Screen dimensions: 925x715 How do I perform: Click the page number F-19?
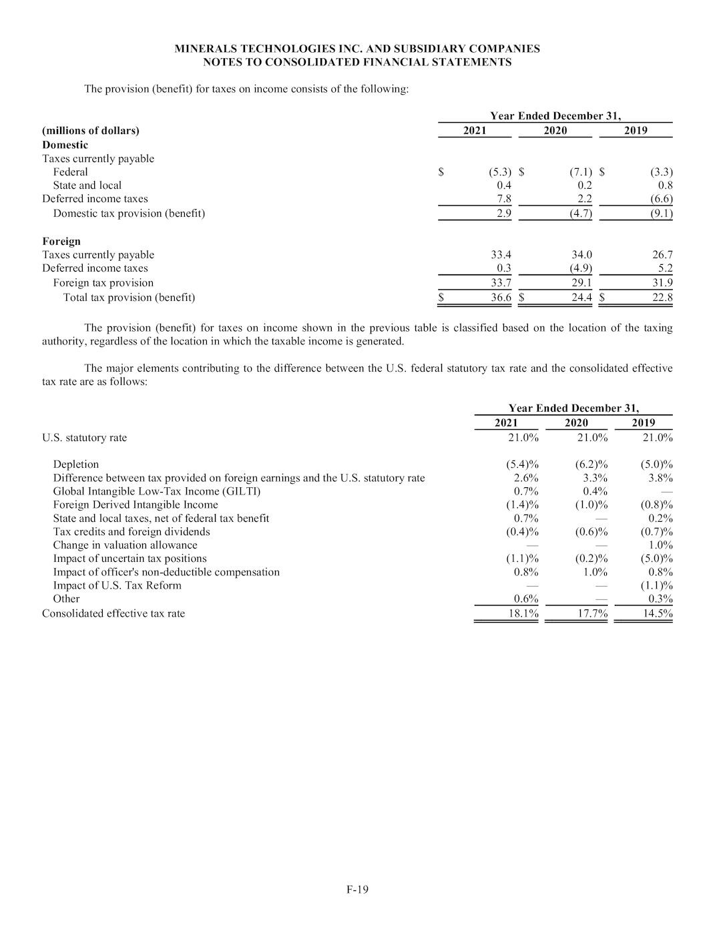click(357, 889)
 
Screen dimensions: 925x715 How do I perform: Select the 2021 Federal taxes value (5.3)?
click(499, 172)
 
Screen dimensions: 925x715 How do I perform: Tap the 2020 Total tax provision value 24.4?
click(581, 298)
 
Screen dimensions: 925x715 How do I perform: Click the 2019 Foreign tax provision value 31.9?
click(662, 283)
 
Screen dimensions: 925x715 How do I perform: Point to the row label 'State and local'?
click(87, 186)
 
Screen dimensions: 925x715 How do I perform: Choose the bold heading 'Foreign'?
click(61, 242)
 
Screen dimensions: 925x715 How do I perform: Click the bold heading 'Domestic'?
click(65, 145)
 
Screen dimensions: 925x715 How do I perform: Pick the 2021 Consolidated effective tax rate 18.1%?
click(523, 613)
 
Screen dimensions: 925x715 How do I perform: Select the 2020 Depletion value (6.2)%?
click(591, 465)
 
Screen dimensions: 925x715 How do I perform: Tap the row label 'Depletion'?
click(75, 465)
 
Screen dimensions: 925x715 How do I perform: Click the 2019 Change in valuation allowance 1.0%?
click(660, 545)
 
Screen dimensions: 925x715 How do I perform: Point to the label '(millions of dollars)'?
click(91, 131)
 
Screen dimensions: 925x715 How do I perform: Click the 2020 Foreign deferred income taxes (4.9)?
click(579, 268)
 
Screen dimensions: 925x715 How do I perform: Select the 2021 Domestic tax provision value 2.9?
click(504, 214)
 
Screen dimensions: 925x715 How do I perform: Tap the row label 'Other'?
click(66, 599)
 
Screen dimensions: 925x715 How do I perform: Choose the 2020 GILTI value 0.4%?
click(595, 492)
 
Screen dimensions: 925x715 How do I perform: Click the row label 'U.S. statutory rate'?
click(84, 438)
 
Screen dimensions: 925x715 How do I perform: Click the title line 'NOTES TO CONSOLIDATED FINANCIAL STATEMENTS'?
click(357, 62)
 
